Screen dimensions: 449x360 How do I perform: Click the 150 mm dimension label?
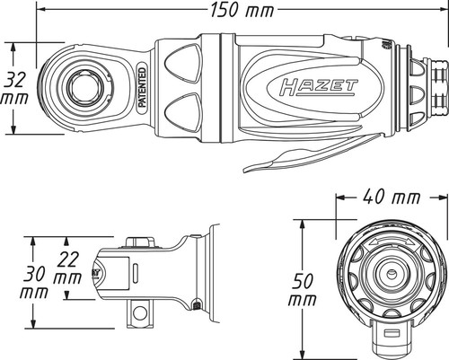pyautogui.click(x=242, y=10)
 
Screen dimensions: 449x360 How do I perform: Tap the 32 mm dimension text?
pyautogui.click(x=15, y=89)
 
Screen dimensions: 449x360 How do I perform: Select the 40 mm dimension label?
pyautogui.click(x=392, y=197)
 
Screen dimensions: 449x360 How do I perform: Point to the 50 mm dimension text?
pyautogui.click(x=303, y=290)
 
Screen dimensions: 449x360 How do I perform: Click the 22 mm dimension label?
pyautogui.click(x=67, y=268)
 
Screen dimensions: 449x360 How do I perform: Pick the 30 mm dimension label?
pyautogui.click(x=34, y=282)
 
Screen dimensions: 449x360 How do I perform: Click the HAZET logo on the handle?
pyautogui.click(x=318, y=87)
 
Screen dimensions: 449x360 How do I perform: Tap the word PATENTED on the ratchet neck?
pyautogui.click(x=143, y=87)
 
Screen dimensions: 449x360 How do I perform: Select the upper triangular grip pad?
pyautogui.click(x=181, y=64)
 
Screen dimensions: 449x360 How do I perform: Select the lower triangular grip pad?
pyautogui.click(x=181, y=112)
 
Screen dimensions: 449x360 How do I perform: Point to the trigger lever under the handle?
pyautogui.click(x=312, y=153)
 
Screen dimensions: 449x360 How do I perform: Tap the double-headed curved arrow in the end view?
pyautogui.click(x=389, y=241)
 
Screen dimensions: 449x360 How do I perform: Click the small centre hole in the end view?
pyautogui.click(x=391, y=273)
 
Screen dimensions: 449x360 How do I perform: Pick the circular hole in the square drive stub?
pyautogui.click(x=140, y=312)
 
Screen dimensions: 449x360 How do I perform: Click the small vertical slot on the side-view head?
pyautogui.click(x=136, y=273)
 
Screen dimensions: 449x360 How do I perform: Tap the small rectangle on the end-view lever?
pyautogui.click(x=390, y=333)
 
